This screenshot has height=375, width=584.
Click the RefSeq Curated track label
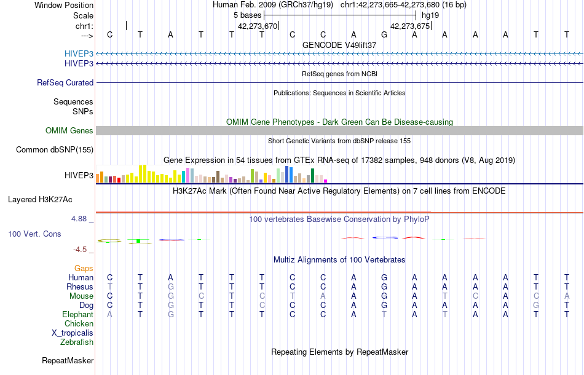65,82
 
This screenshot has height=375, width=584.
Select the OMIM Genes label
69,130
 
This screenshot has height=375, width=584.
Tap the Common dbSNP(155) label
55,149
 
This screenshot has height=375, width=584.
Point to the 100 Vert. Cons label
34,234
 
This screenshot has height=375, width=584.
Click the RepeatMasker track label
68,360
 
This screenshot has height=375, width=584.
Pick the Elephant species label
77,314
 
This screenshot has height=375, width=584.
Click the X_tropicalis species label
73,333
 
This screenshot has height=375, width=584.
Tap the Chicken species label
79,323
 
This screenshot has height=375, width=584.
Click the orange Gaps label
84,268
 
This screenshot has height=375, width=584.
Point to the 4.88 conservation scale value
81,218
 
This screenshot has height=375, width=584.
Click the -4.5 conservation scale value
82,249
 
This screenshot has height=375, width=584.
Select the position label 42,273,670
258,26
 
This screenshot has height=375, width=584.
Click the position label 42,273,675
410,26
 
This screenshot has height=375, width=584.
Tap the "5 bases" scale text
247,15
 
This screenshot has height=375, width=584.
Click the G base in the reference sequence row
384,34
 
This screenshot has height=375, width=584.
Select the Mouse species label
81,296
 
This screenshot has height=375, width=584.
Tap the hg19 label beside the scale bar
430,15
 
